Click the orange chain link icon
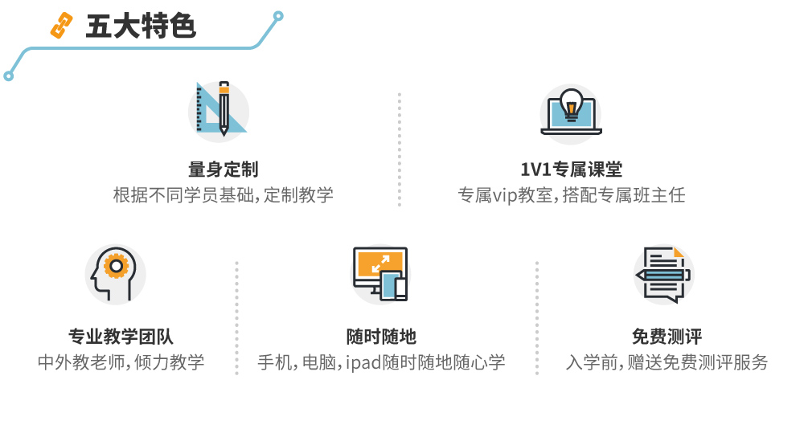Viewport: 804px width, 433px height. [x=61, y=27]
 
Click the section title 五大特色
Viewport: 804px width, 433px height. [x=141, y=27]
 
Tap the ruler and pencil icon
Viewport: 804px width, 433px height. [x=219, y=109]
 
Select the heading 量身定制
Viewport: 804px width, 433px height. [x=223, y=170]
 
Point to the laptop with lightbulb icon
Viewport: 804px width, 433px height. [x=571, y=112]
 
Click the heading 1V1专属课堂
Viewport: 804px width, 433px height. [x=571, y=170]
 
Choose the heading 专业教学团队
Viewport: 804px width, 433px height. [x=121, y=337]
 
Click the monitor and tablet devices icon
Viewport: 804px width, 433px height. [x=380, y=273]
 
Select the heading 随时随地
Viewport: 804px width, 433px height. [x=381, y=337]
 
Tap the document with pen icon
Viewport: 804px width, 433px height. [x=663, y=274]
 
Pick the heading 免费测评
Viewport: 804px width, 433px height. [x=667, y=337]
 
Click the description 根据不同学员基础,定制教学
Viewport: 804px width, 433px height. [x=223, y=195]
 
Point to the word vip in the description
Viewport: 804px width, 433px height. [x=507, y=195]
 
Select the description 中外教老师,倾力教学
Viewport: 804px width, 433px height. [x=121, y=362]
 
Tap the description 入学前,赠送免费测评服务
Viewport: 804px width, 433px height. [x=667, y=362]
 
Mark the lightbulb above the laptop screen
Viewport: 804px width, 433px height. [x=571, y=104]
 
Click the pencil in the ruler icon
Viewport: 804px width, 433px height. [x=224, y=108]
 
